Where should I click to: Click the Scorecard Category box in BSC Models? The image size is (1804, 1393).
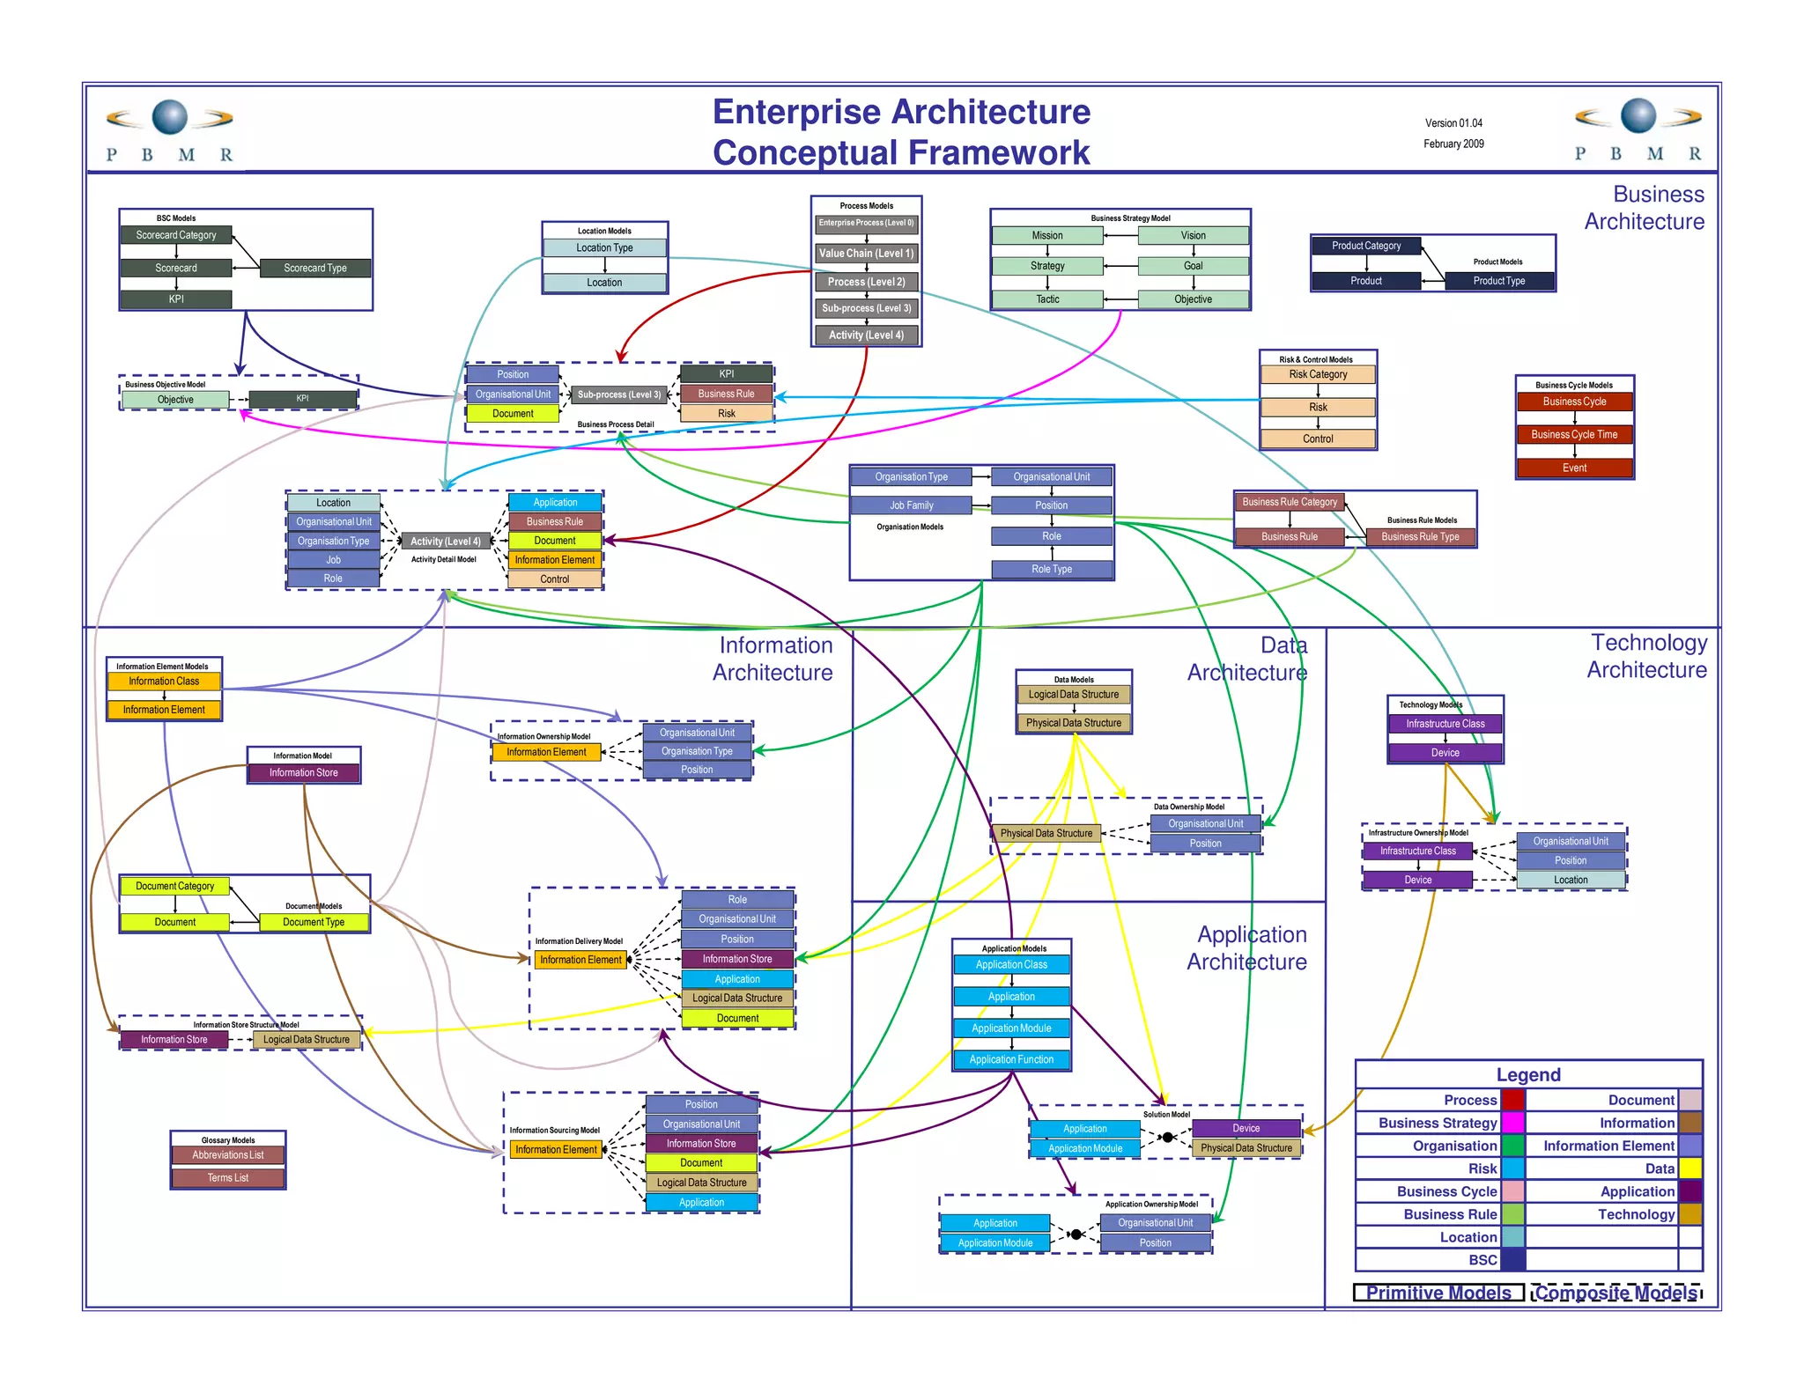click(176, 235)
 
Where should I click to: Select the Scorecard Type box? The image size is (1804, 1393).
click(315, 268)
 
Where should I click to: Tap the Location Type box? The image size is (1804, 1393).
click(604, 247)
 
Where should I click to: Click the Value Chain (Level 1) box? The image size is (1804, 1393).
click(866, 254)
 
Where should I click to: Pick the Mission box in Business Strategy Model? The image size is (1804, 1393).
click(1046, 235)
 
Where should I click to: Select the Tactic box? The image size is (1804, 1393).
click(1046, 299)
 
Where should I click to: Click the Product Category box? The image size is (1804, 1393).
click(1365, 246)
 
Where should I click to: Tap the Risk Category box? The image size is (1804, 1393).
click(1317, 374)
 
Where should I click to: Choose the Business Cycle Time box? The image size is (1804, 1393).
click(1574, 434)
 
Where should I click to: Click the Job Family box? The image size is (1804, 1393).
click(911, 505)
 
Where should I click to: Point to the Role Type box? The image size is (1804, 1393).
click(1052, 569)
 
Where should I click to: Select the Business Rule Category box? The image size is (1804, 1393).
click(1289, 502)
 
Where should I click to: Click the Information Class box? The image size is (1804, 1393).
click(164, 682)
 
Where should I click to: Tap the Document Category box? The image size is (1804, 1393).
click(174, 886)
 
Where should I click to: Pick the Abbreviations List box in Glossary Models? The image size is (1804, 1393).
click(228, 1155)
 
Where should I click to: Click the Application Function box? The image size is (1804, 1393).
click(1011, 1059)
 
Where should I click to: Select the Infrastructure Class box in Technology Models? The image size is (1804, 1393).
click(1445, 724)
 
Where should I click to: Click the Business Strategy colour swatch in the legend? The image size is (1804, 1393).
click(1512, 1123)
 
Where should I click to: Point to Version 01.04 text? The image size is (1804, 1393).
click(1453, 123)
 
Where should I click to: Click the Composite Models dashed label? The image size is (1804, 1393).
click(1615, 1293)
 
